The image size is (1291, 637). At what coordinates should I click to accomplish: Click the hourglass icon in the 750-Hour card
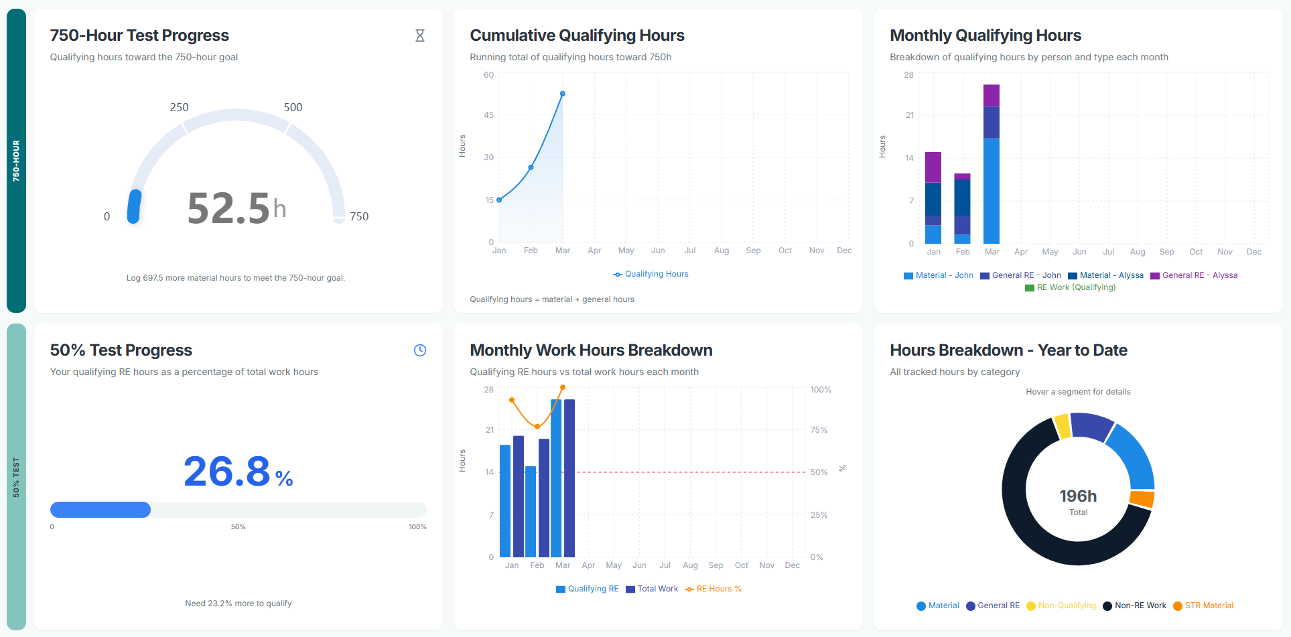(420, 36)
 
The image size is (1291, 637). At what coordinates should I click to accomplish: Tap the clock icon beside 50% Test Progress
(420, 350)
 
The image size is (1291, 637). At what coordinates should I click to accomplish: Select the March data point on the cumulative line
(563, 94)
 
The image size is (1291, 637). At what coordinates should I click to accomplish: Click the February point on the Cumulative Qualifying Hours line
(531, 167)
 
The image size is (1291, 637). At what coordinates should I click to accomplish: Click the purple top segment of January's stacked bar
(933, 167)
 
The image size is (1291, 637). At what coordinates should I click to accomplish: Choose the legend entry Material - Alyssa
(1106, 275)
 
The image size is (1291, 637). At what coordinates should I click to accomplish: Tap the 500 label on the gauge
(293, 107)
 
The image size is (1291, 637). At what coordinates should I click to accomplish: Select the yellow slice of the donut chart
(1062, 426)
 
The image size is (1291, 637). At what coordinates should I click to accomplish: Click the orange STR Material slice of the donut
(1142, 499)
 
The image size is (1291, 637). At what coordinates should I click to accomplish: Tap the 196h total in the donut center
(1078, 496)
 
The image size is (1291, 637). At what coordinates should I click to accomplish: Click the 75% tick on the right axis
(819, 430)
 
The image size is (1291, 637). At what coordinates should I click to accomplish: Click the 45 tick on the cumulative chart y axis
(489, 115)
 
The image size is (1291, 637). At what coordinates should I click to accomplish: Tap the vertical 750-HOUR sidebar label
(16, 161)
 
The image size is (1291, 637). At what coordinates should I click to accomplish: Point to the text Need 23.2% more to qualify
(239, 604)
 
